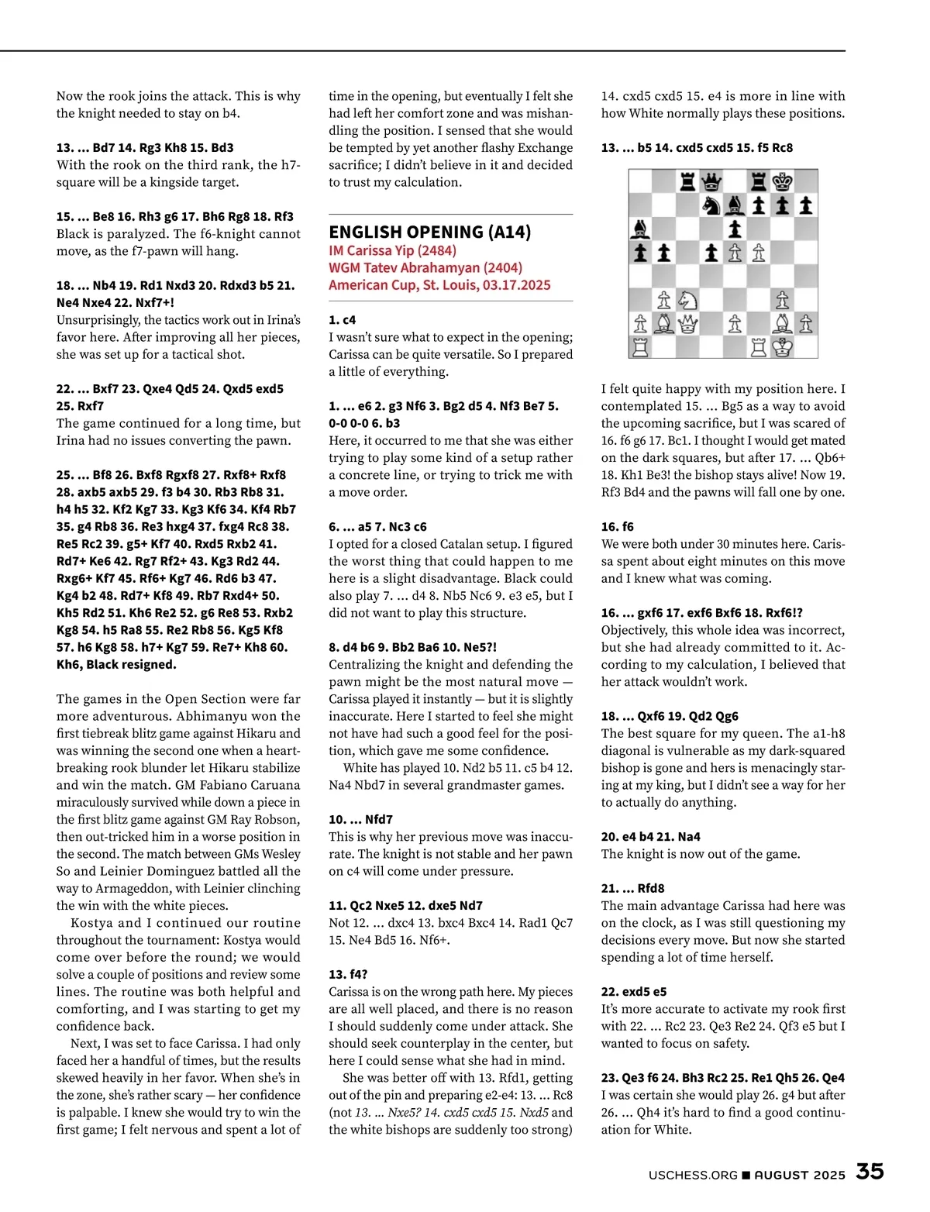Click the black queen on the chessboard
point(711,182)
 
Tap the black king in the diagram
point(783,182)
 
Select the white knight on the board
point(687,300)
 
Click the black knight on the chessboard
point(711,205)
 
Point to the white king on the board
point(783,347)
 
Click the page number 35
point(870,1171)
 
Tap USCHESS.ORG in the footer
point(693,1175)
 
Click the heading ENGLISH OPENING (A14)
point(429,232)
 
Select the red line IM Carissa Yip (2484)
point(392,250)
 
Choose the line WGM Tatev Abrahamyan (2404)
point(425,267)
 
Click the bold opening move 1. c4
point(343,319)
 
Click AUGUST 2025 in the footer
point(800,1175)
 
